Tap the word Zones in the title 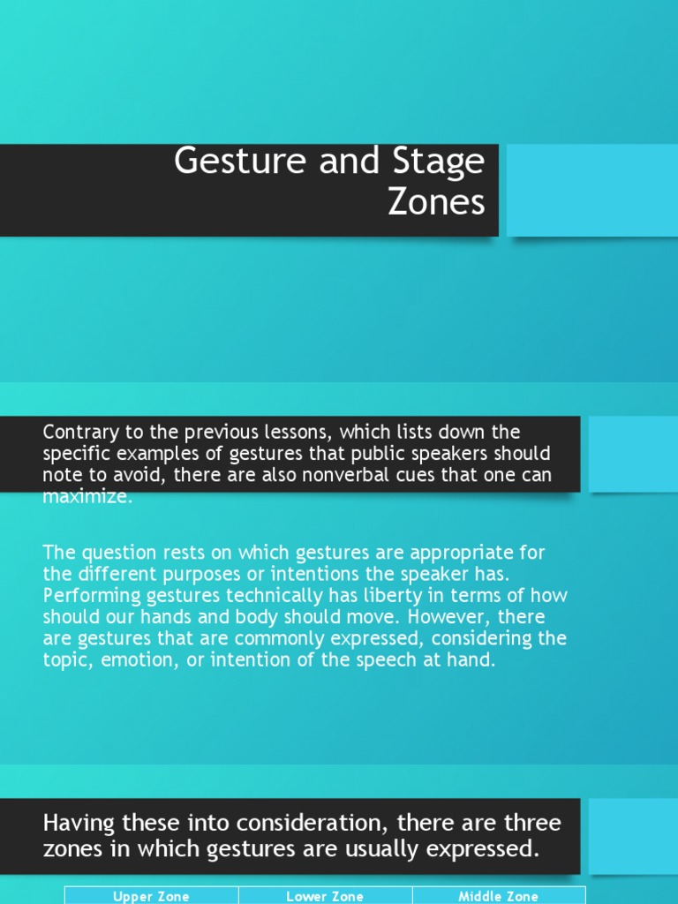point(436,202)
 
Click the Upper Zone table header point(151,896)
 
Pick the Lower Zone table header point(325,896)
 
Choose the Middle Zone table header point(498,896)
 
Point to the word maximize point(86,497)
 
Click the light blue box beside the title point(591,191)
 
